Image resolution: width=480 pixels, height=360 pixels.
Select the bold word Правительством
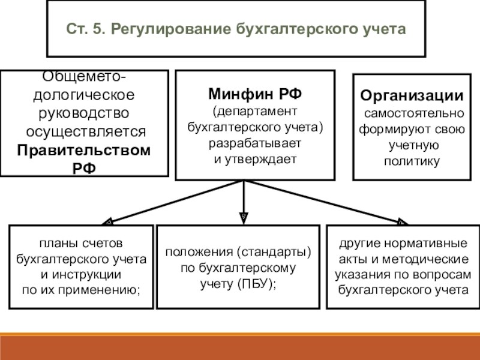coord(83,150)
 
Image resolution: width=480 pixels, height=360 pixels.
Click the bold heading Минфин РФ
coord(255,94)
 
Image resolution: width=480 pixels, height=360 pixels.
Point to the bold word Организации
coord(412,97)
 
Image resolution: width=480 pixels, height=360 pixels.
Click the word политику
coord(412,161)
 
